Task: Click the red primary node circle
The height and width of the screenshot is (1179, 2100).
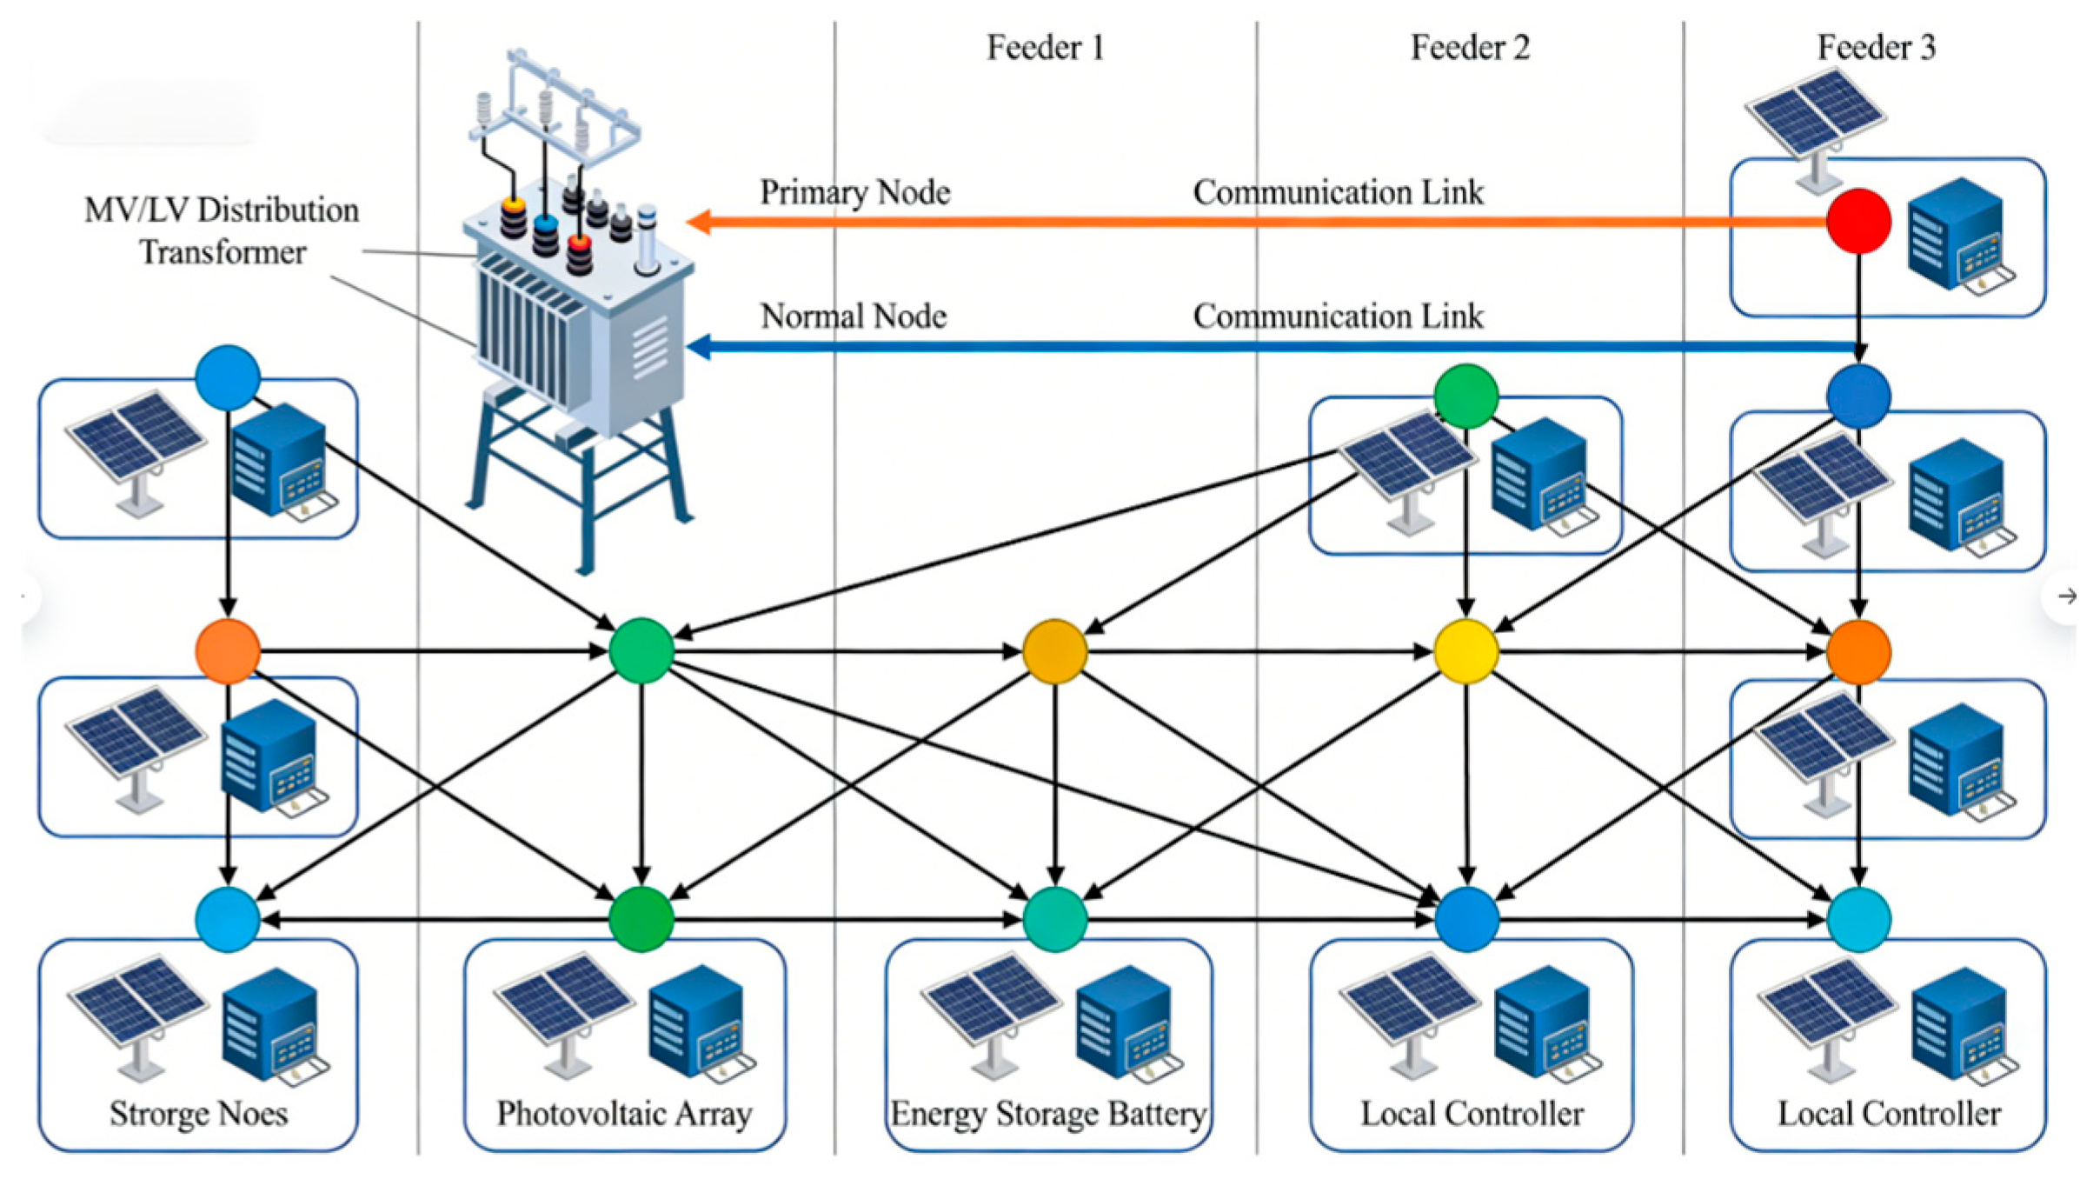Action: [x=1858, y=222]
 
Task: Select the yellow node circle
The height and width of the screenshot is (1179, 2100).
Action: [x=1466, y=651]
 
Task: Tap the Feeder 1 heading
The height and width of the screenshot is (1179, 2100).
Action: [x=1046, y=47]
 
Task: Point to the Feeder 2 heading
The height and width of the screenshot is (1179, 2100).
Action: [x=1470, y=47]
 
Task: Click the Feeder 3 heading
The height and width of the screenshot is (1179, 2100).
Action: [x=1877, y=47]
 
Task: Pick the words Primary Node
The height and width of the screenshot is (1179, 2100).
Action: [x=855, y=192]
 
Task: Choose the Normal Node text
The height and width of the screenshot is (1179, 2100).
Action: [x=854, y=316]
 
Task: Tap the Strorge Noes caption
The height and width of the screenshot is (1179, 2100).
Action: [x=198, y=1114]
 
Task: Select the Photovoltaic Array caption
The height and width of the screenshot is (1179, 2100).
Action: [x=624, y=1114]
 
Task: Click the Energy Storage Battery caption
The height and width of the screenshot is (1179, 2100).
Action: [x=1048, y=1114]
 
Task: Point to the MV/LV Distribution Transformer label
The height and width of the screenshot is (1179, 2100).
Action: [x=222, y=231]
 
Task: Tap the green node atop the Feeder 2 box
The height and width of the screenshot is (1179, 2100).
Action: [x=1466, y=396]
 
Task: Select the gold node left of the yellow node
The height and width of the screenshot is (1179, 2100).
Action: [x=1054, y=651]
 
